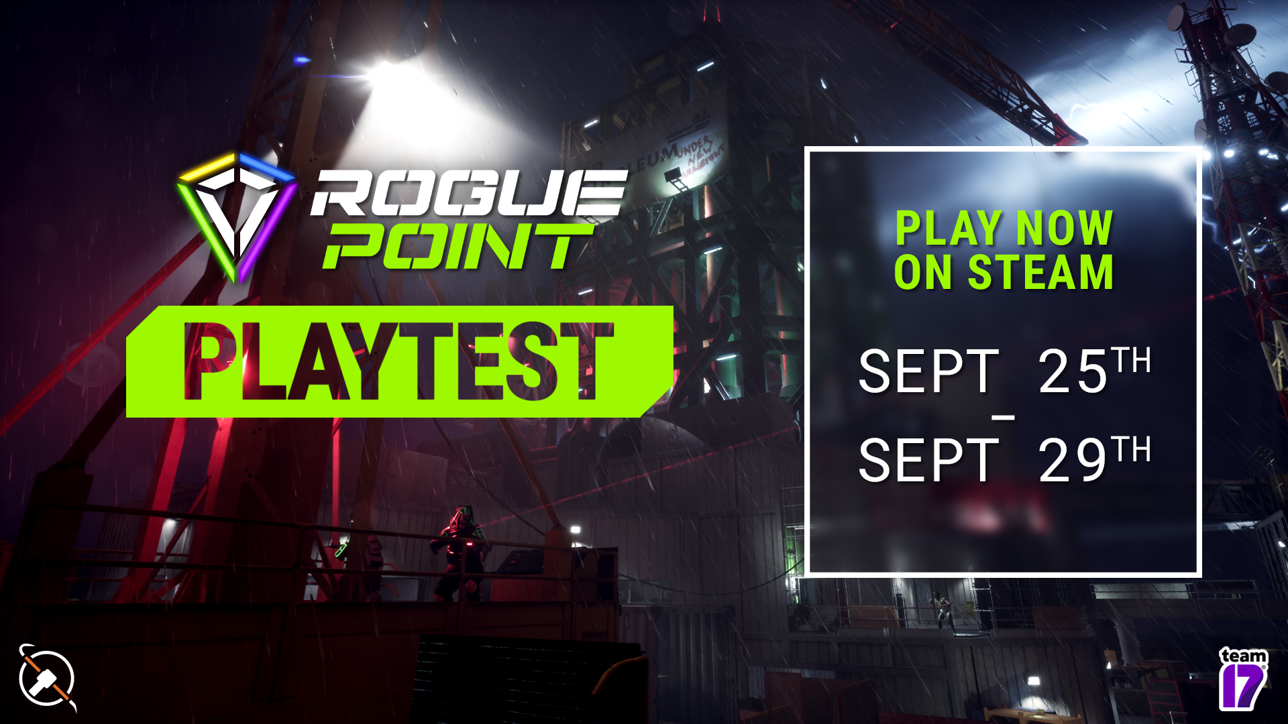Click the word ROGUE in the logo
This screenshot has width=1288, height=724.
click(x=468, y=193)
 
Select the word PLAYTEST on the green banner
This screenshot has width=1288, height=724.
click(x=398, y=362)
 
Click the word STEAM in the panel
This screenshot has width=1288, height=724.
click(x=1040, y=272)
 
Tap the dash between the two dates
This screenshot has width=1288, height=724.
click(x=1003, y=418)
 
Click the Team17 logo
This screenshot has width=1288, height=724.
click(x=1242, y=678)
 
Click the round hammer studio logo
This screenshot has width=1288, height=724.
click(x=47, y=678)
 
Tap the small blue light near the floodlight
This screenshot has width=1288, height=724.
click(x=302, y=60)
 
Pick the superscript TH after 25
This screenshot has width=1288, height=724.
click(x=1131, y=360)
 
